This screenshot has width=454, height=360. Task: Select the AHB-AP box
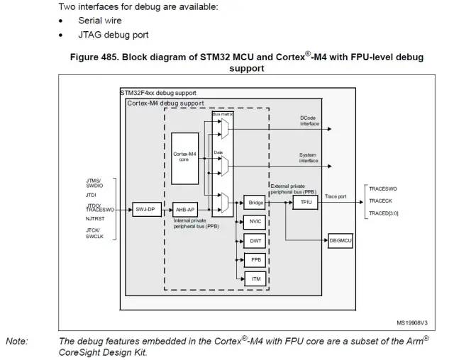185,209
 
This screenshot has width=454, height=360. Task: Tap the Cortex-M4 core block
186,157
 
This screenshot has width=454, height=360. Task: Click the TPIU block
306,202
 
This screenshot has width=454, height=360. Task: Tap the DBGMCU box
340,242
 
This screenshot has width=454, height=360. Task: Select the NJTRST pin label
96,220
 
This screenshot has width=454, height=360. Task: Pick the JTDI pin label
92,194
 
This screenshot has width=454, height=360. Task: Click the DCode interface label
310,120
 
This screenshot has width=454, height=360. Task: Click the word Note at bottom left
17,341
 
